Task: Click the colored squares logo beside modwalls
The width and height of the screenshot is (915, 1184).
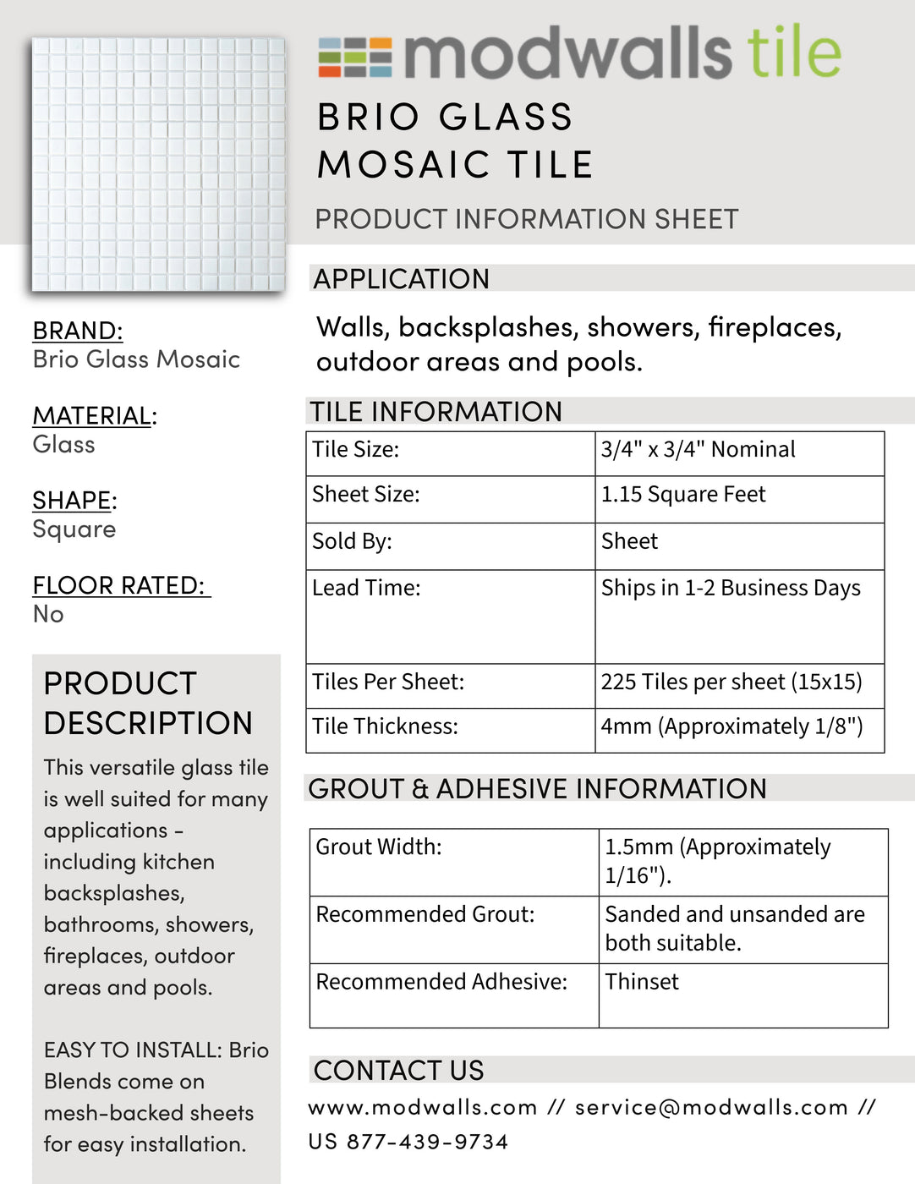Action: pyautogui.click(x=354, y=58)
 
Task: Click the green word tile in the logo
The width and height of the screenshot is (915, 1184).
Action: pyautogui.click(x=793, y=52)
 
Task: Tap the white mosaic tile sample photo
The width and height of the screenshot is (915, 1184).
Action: pyautogui.click(x=158, y=164)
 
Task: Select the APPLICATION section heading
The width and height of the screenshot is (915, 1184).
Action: pyautogui.click(x=402, y=279)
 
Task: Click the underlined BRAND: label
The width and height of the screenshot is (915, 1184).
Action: pyautogui.click(x=78, y=331)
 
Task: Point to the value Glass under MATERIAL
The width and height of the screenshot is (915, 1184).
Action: pyautogui.click(x=63, y=445)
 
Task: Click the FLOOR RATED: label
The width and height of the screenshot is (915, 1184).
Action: pyautogui.click(x=119, y=585)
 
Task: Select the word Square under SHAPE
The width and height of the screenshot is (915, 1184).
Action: pyautogui.click(x=74, y=529)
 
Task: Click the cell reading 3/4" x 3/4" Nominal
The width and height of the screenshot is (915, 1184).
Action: pyautogui.click(x=698, y=450)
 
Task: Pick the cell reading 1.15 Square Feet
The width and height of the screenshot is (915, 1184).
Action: pyautogui.click(x=683, y=495)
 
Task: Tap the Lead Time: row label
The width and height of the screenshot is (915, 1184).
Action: pyautogui.click(x=366, y=588)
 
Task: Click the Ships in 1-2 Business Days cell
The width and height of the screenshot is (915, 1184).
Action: pyautogui.click(x=731, y=588)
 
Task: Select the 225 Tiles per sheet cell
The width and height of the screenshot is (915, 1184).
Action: pyautogui.click(x=731, y=682)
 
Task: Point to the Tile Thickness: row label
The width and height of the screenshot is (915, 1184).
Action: pyautogui.click(x=385, y=726)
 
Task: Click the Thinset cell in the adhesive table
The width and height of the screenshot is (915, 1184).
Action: pyautogui.click(x=642, y=982)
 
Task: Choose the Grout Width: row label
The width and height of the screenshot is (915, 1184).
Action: pyautogui.click(x=379, y=847)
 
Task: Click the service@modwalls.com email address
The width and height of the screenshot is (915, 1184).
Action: pyautogui.click(x=711, y=1108)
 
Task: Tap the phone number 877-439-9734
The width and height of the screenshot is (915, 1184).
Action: pyautogui.click(x=427, y=1143)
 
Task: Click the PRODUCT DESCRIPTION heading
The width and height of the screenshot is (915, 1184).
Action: pyautogui.click(x=148, y=704)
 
